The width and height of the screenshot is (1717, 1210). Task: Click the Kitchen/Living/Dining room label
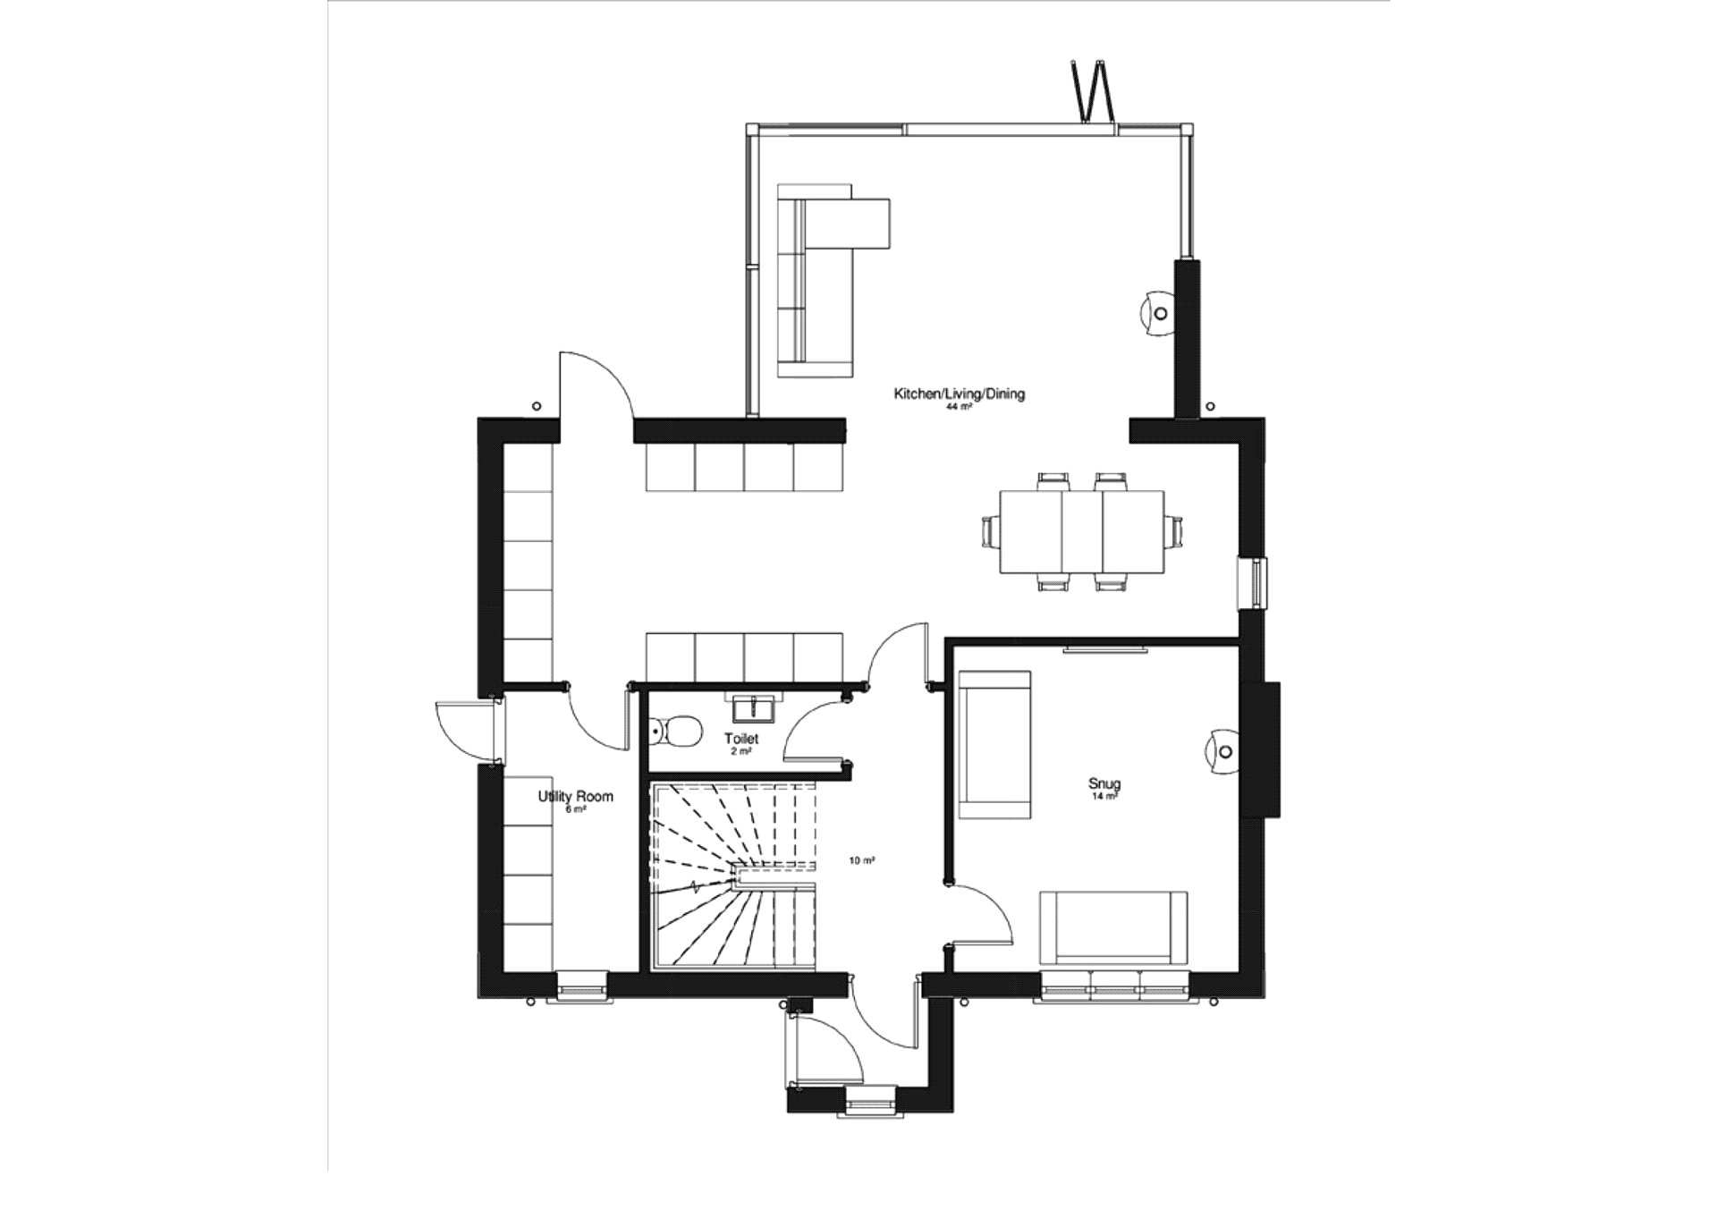coord(960,393)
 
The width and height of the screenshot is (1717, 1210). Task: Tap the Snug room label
coord(1104,784)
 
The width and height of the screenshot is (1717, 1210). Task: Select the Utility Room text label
coord(575,796)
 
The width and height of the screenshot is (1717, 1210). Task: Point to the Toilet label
coord(741,739)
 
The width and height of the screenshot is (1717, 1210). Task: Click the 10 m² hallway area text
coord(861,860)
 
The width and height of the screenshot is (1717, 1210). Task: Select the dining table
coord(1081,530)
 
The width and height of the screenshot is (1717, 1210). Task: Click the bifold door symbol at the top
coord(1091,90)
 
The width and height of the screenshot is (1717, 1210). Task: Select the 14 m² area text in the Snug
coord(1104,796)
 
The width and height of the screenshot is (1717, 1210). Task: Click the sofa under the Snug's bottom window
coord(1113,928)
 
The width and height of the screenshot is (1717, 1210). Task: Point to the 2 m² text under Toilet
coord(740,751)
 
